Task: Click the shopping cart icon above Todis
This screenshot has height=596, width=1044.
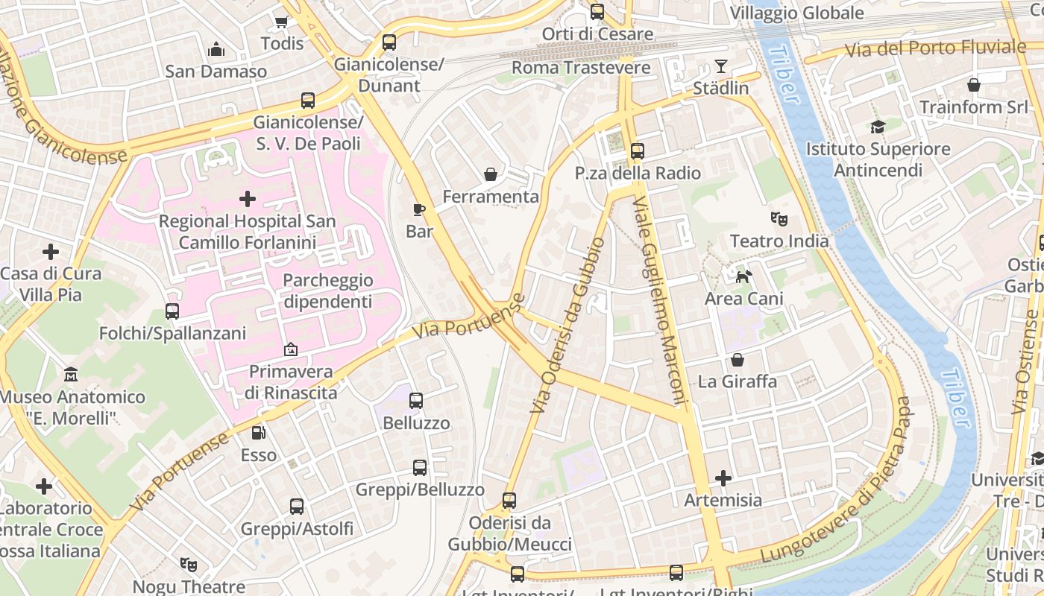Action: click(282, 22)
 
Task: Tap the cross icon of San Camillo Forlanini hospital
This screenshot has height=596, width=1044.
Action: click(248, 199)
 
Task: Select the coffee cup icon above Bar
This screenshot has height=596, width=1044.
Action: click(419, 209)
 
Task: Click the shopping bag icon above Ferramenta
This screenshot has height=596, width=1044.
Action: click(491, 174)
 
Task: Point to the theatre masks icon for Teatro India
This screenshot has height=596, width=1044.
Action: click(779, 219)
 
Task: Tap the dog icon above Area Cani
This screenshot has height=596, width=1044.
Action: click(743, 277)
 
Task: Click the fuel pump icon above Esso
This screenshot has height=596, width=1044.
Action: click(258, 432)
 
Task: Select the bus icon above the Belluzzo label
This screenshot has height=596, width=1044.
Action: click(416, 401)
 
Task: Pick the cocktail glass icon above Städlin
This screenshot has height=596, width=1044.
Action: click(720, 66)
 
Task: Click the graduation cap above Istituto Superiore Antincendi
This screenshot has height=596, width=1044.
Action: click(878, 127)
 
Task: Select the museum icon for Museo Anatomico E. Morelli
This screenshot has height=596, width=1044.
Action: click(71, 374)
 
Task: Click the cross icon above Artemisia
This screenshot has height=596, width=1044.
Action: click(723, 478)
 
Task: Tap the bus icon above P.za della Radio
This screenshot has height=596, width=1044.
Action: click(637, 151)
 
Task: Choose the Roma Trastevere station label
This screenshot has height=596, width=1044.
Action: click(581, 68)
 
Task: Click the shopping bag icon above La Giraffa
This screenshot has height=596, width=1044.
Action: click(738, 360)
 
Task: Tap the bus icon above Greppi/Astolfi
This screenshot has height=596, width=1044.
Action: click(297, 507)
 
